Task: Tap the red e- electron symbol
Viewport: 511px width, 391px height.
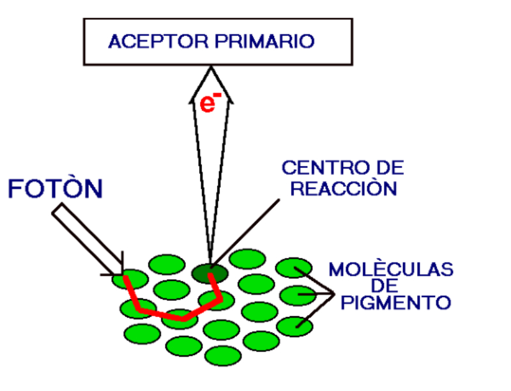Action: coord(210,103)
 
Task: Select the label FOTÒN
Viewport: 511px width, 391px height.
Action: coord(56,189)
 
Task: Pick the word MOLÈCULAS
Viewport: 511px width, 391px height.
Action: coord(391,269)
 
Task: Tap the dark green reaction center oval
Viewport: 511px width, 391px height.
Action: coord(210,273)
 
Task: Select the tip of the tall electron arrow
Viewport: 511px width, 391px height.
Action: coord(211,68)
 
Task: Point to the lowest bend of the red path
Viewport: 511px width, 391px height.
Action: coord(183,317)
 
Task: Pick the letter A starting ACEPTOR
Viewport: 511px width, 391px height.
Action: coord(116,42)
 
